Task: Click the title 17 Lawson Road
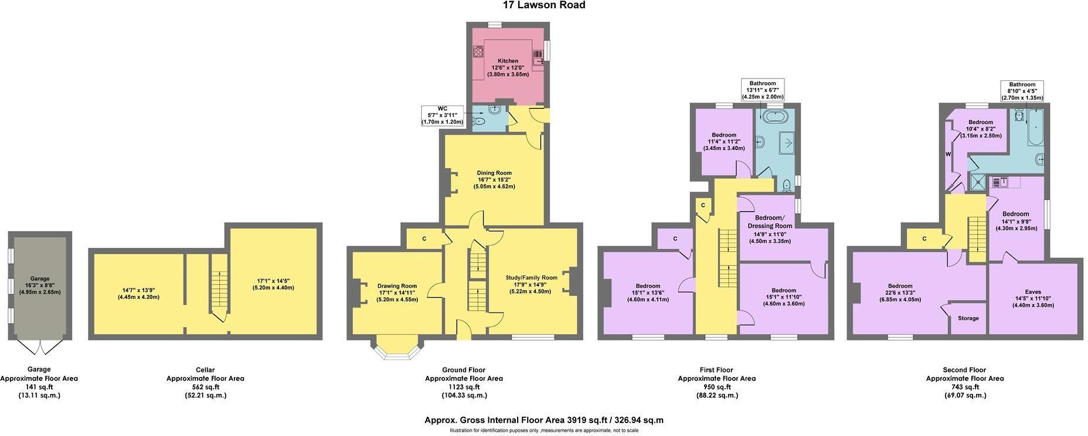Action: (544, 5)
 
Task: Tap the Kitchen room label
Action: (508, 61)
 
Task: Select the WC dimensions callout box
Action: (442, 115)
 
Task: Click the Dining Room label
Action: (494, 173)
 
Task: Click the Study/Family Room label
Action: (532, 278)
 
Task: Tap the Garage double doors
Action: (40, 346)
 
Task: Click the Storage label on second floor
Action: (968, 318)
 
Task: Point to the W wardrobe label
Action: (947, 154)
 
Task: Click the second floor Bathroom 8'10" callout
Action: (1022, 91)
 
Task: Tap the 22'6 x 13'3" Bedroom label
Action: (900, 286)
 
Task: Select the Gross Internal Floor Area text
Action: (544, 420)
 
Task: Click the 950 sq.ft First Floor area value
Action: (716, 387)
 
